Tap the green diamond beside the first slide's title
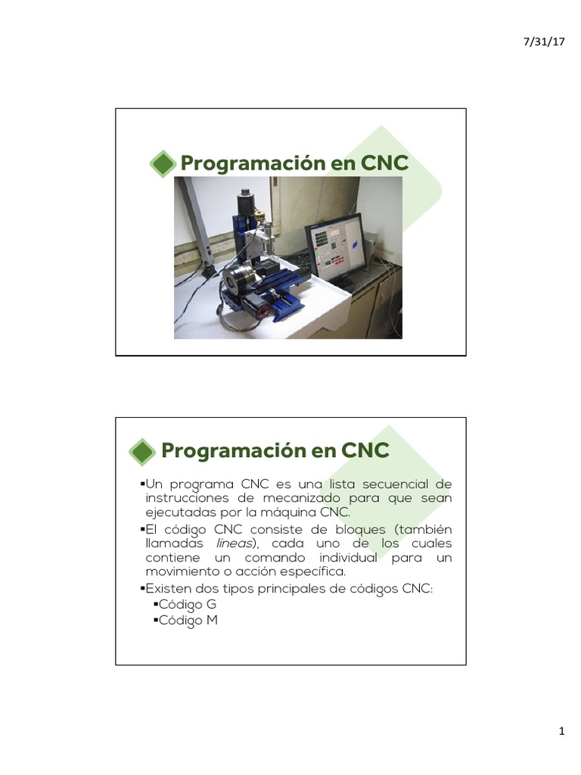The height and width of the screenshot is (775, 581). [x=161, y=164]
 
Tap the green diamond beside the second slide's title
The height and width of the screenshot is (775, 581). [x=142, y=452]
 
